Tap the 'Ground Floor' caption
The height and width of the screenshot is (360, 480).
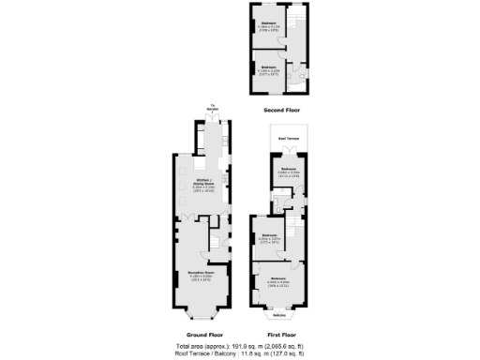coord(202,335)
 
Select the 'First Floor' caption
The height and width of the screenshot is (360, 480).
coord(282,335)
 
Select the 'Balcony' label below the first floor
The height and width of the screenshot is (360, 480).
coord(278,315)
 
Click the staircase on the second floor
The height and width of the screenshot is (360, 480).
coord(293,19)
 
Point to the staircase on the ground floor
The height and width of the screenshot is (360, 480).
coord(214,242)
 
